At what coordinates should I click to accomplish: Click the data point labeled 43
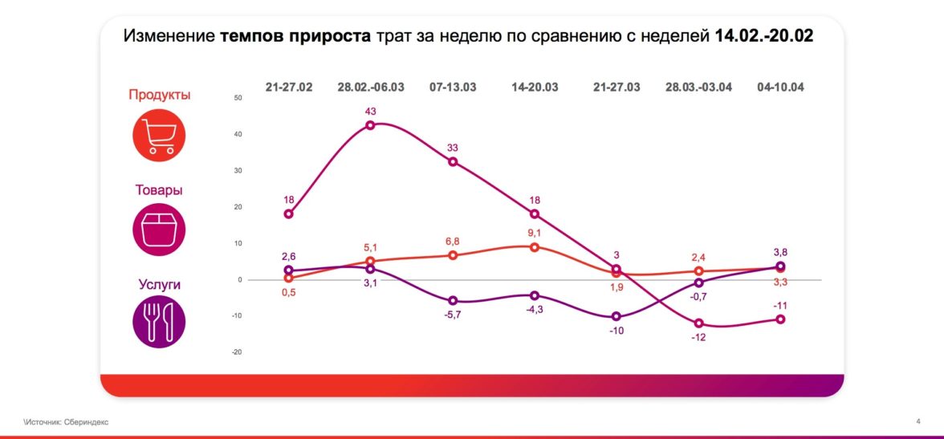click(x=370, y=125)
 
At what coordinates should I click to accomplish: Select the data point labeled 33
click(x=453, y=162)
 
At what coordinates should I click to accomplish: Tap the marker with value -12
click(x=699, y=323)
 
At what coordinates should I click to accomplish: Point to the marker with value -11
click(x=780, y=319)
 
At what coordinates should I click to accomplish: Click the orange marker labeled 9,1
click(x=535, y=246)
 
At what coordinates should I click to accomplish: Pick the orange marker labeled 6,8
click(x=453, y=255)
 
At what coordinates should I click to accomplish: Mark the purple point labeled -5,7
click(x=453, y=300)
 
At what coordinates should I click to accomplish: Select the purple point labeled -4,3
click(x=535, y=295)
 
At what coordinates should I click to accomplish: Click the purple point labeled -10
click(x=616, y=316)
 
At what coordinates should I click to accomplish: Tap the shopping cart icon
click(x=159, y=136)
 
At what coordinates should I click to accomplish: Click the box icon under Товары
click(x=159, y=230)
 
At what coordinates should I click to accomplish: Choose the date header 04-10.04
click(x=780, y=87)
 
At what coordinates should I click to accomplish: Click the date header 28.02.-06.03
click(x=370, y=87)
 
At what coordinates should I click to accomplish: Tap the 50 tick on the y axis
click(x=237, y=98)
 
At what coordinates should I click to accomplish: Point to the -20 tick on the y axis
click(x=236, y=352)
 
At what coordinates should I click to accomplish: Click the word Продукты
click(x=159, y=95)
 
